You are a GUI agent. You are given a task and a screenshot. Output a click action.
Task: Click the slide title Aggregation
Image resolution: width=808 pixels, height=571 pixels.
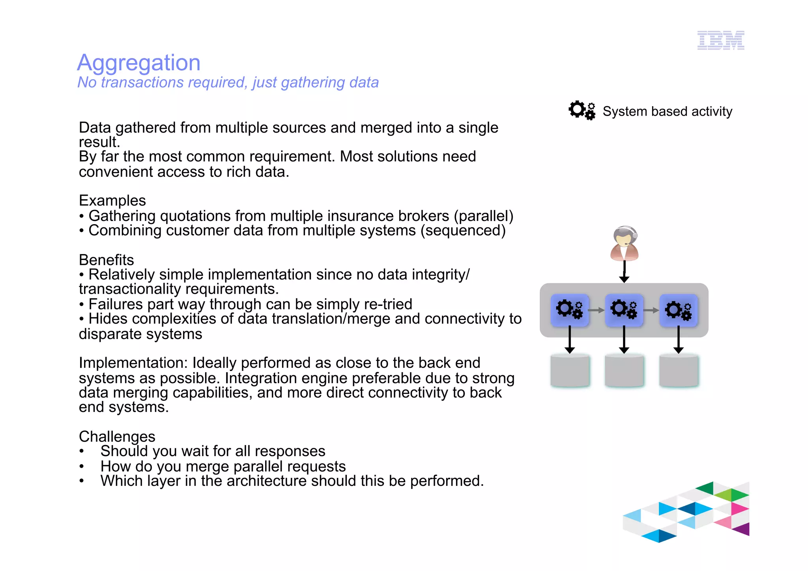click(138, 63)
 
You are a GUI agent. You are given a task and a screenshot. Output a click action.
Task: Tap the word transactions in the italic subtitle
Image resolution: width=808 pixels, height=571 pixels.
click(142, 82)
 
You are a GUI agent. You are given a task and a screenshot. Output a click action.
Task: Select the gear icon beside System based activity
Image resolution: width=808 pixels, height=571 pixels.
click(582, 110)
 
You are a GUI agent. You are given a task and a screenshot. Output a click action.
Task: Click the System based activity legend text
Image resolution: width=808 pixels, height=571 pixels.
click(667, 112)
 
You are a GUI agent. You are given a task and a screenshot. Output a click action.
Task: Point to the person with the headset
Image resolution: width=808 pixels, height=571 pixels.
click(624, 243)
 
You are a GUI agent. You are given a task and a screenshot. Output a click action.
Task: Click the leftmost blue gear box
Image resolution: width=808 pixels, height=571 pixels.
click(570, 310)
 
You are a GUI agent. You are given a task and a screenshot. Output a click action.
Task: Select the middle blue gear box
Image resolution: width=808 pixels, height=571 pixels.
click(624, 310)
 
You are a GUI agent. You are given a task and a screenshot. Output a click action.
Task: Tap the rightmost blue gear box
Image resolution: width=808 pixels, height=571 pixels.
click(679, 310)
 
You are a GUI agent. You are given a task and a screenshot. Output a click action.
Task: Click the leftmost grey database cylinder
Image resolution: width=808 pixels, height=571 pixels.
click(570, 371)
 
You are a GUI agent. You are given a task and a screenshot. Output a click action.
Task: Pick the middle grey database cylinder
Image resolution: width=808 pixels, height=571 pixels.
click(624, 371)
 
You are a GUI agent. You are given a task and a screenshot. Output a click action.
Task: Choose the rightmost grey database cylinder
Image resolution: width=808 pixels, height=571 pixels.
click(679, 371)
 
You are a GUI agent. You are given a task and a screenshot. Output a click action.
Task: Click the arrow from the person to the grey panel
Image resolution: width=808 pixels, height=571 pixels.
click(624, 272)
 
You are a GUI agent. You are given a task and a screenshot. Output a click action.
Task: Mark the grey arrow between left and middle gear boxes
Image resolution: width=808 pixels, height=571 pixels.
click(597, 310)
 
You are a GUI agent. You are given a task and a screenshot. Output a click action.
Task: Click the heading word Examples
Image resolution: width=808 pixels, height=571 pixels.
click(112, 201)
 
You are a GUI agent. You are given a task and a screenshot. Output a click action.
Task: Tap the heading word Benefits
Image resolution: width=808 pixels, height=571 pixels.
click(107, 260)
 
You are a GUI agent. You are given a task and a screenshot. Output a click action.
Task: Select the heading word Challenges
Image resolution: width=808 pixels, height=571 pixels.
click(117, 436)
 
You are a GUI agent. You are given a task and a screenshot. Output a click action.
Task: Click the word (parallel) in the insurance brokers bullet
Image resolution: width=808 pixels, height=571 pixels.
click(484, 216)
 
